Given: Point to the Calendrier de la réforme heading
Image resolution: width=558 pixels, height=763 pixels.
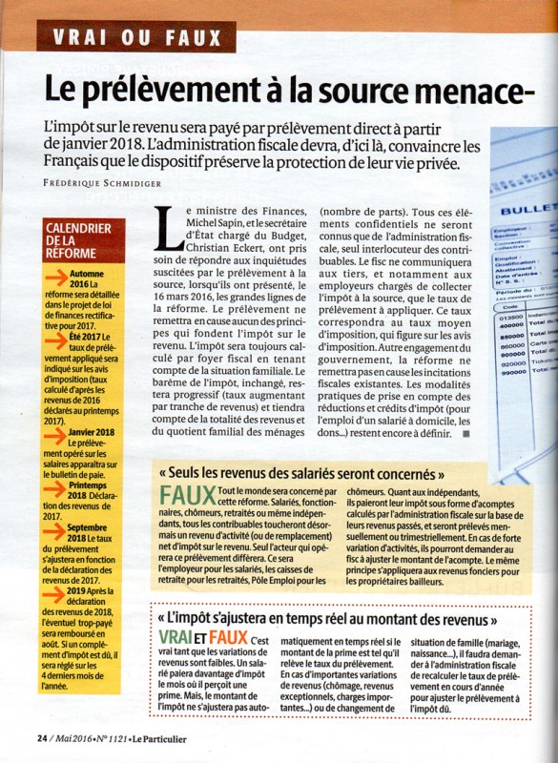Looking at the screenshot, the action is (78, 240).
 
